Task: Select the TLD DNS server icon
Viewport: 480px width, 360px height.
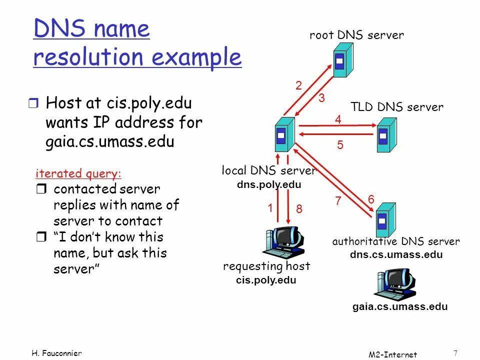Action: (386, 134)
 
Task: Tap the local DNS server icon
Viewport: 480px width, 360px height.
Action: (284, 134)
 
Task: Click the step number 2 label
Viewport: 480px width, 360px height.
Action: (298, 86)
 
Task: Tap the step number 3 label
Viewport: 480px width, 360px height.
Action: (321, 98)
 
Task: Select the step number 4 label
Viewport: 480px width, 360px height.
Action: (338, 119)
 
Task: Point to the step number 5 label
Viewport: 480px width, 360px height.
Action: (340, 145)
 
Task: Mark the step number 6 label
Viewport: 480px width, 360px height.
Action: (371, 199)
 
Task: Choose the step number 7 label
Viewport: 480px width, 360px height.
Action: (338, 201)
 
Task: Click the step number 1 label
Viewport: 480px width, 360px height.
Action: (269, 208)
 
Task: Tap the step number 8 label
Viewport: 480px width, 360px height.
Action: (299, 209)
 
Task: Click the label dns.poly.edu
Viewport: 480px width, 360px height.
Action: (269, 184)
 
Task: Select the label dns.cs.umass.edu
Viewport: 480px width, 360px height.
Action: (396, 254)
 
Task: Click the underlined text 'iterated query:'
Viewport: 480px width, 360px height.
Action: (78, 173)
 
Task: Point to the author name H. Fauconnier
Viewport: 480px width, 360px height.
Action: (56, 353)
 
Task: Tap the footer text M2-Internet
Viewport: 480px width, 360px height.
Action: (392, 354)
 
